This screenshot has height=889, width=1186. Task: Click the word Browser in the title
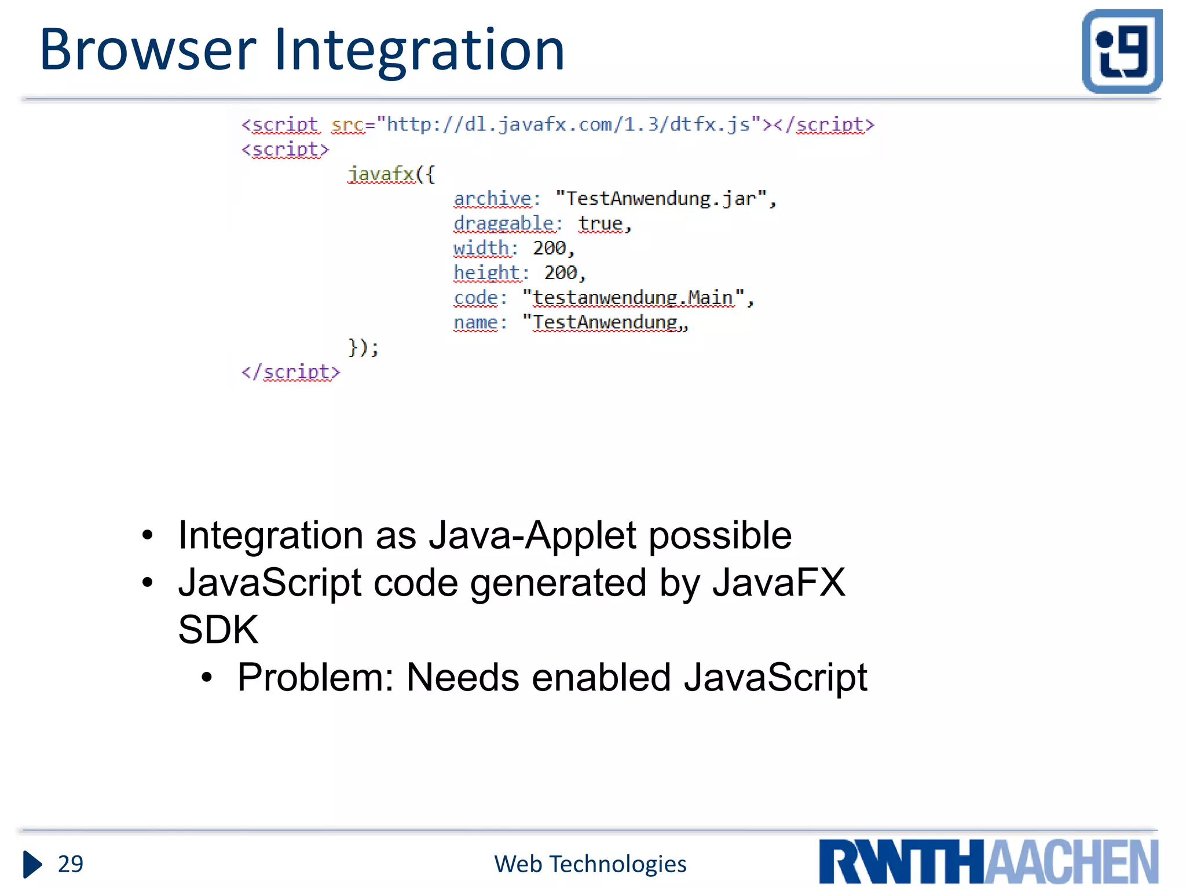point(148,50)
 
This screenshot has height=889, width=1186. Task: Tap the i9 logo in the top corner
point(1122,52)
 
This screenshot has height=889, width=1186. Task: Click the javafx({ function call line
point(391,174)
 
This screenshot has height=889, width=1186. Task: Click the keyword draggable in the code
point(504,223)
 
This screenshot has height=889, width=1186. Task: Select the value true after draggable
point(601,223)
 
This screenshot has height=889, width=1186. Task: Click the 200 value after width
point(549,248)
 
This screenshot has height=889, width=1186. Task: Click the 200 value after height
point(560,273)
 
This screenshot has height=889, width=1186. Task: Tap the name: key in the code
point(479,322)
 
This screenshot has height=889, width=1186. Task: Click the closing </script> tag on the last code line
point(291,372)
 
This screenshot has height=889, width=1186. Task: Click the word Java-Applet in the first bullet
point(532,535)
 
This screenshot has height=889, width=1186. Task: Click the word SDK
point(218,630)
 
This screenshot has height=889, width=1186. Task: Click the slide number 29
point(71,864)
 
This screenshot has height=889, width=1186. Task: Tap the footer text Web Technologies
point(590,864)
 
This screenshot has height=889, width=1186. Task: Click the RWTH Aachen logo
point(989,861)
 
